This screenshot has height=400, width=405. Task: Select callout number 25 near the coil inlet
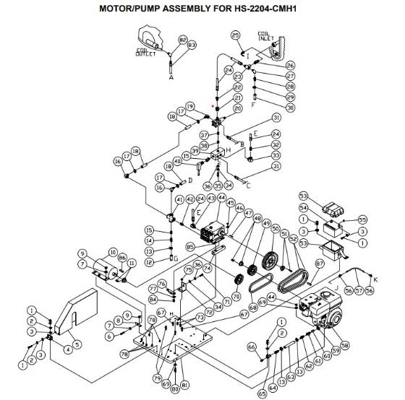click(235, 35)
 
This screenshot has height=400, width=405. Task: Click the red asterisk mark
click(212, 105)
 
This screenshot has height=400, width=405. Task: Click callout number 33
click(275, 155)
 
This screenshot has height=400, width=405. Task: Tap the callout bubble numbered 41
click(180, 199)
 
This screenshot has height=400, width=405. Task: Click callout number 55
click(363, 219)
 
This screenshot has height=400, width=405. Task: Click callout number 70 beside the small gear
click(236, 297)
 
